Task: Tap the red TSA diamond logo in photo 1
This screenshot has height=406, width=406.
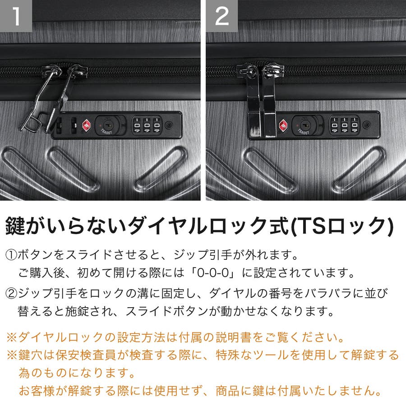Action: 87,125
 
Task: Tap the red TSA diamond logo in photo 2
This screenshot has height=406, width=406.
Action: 284,125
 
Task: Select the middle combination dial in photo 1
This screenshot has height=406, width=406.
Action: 147,125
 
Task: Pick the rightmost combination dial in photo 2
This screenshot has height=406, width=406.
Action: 354,125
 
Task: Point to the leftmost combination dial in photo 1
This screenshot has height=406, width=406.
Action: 137,125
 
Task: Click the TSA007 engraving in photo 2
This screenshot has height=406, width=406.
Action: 303,132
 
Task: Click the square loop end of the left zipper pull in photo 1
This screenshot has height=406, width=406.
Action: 31,123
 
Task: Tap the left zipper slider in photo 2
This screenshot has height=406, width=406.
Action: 247,71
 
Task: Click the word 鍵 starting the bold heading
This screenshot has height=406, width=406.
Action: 15,226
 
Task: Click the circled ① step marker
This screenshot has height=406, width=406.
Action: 11,255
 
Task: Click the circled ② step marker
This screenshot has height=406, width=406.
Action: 11,293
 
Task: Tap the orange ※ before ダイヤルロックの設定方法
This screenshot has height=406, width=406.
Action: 12,337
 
